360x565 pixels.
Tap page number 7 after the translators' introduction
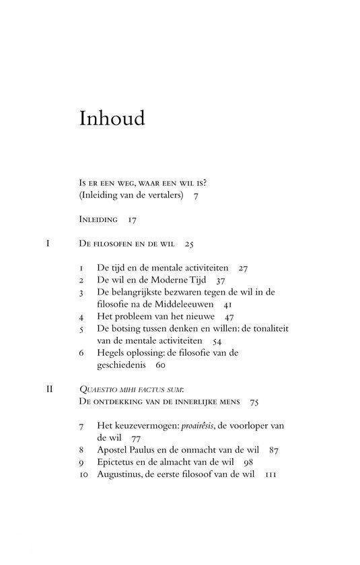[x=195, y=195]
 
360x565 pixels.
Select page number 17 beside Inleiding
[x=132, y=219]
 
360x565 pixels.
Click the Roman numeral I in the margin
[x=48, y=243]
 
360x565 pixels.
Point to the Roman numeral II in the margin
[x=49, y=389]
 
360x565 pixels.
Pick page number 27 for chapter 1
[x=243, y=268]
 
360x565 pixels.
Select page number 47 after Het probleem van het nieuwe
[x=229, y=316]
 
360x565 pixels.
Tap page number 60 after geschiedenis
[x=159, y=365]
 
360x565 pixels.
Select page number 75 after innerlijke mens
[x=254, y=402]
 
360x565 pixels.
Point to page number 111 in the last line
[x=272, y=474]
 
